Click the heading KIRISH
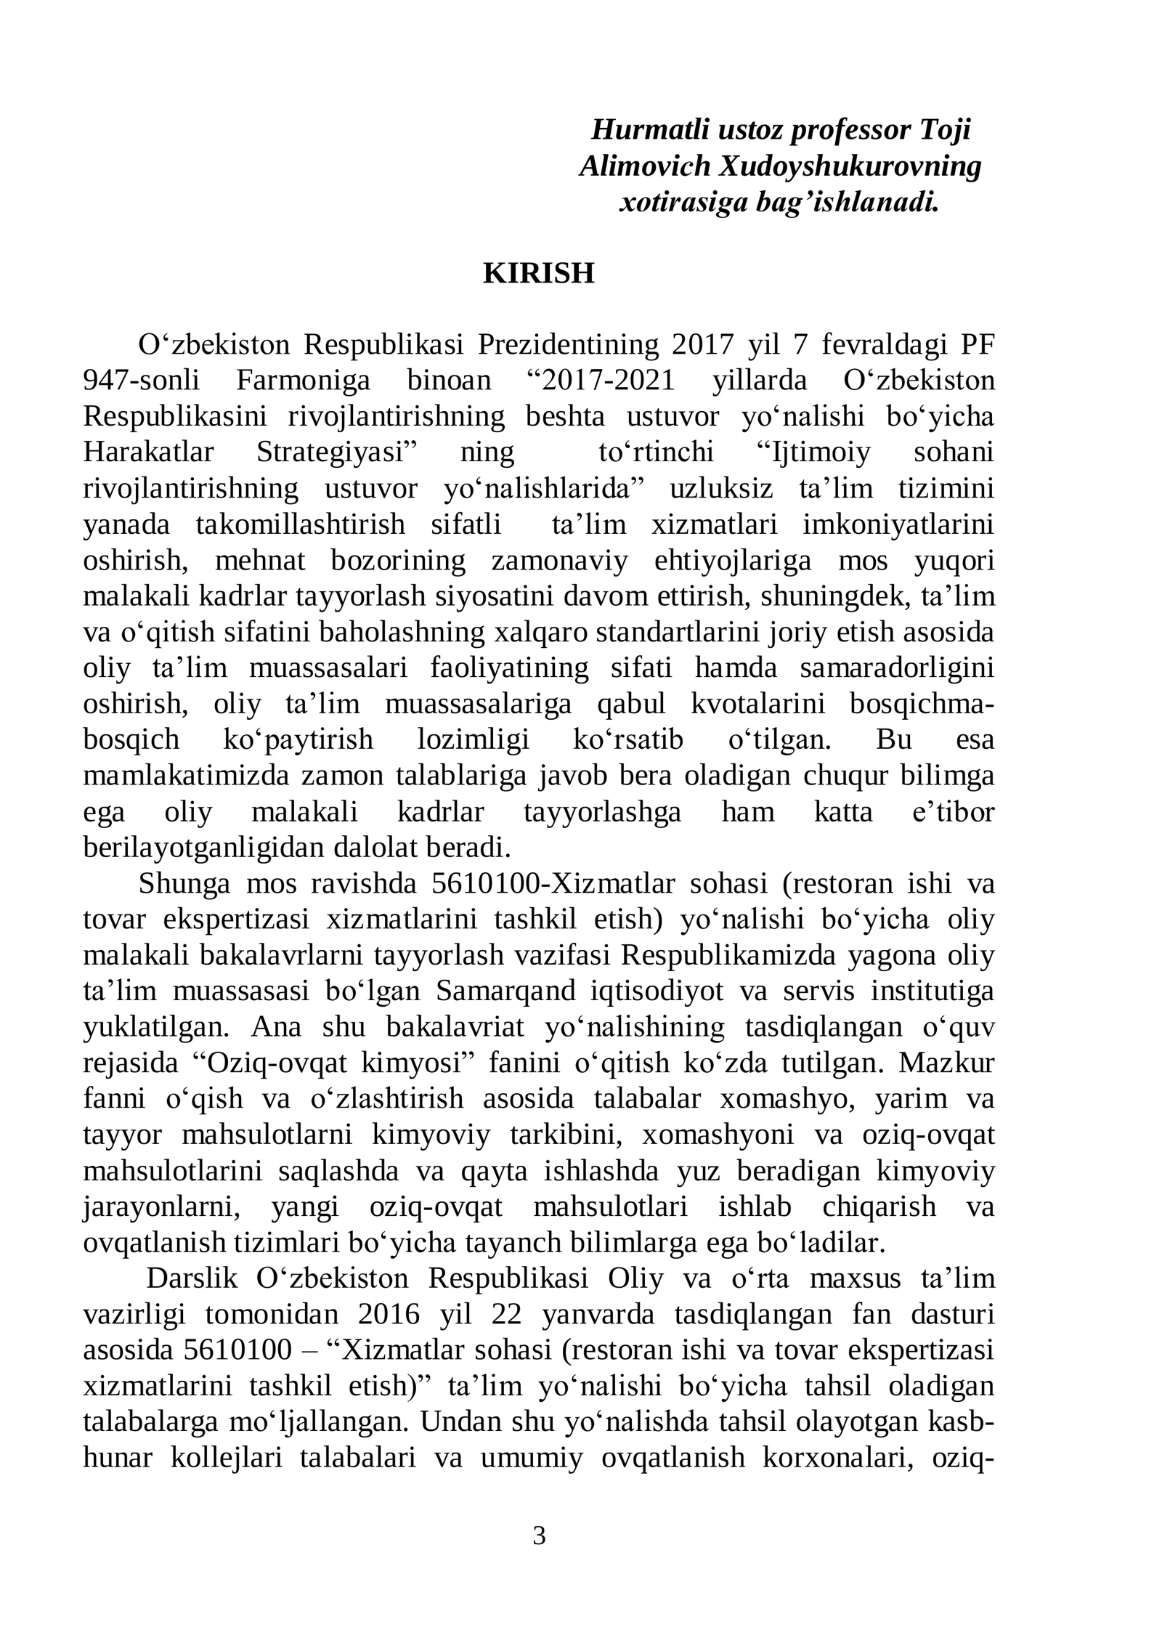click(x=539, y=274)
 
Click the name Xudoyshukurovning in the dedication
click(x=850, y=166)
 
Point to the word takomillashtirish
click(x=300, y=524)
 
